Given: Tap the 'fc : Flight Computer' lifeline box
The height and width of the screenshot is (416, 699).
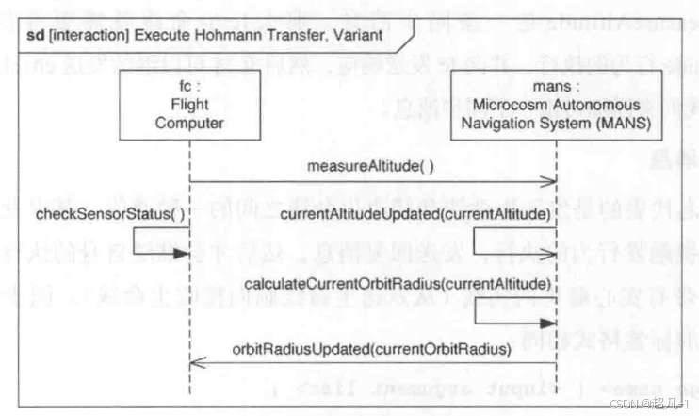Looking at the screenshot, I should (x=188, y=107).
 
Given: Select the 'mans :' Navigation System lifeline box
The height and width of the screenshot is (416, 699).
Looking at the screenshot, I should (x=557, y=107).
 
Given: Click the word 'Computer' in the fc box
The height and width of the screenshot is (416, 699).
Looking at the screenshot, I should (x=188, y=123).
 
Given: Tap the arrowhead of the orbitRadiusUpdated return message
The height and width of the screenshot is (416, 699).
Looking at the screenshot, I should (x=194, y=363).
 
